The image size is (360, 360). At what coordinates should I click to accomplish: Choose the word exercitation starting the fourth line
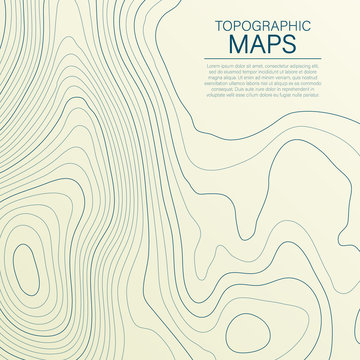pyautogui.click(x=208, y=83)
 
